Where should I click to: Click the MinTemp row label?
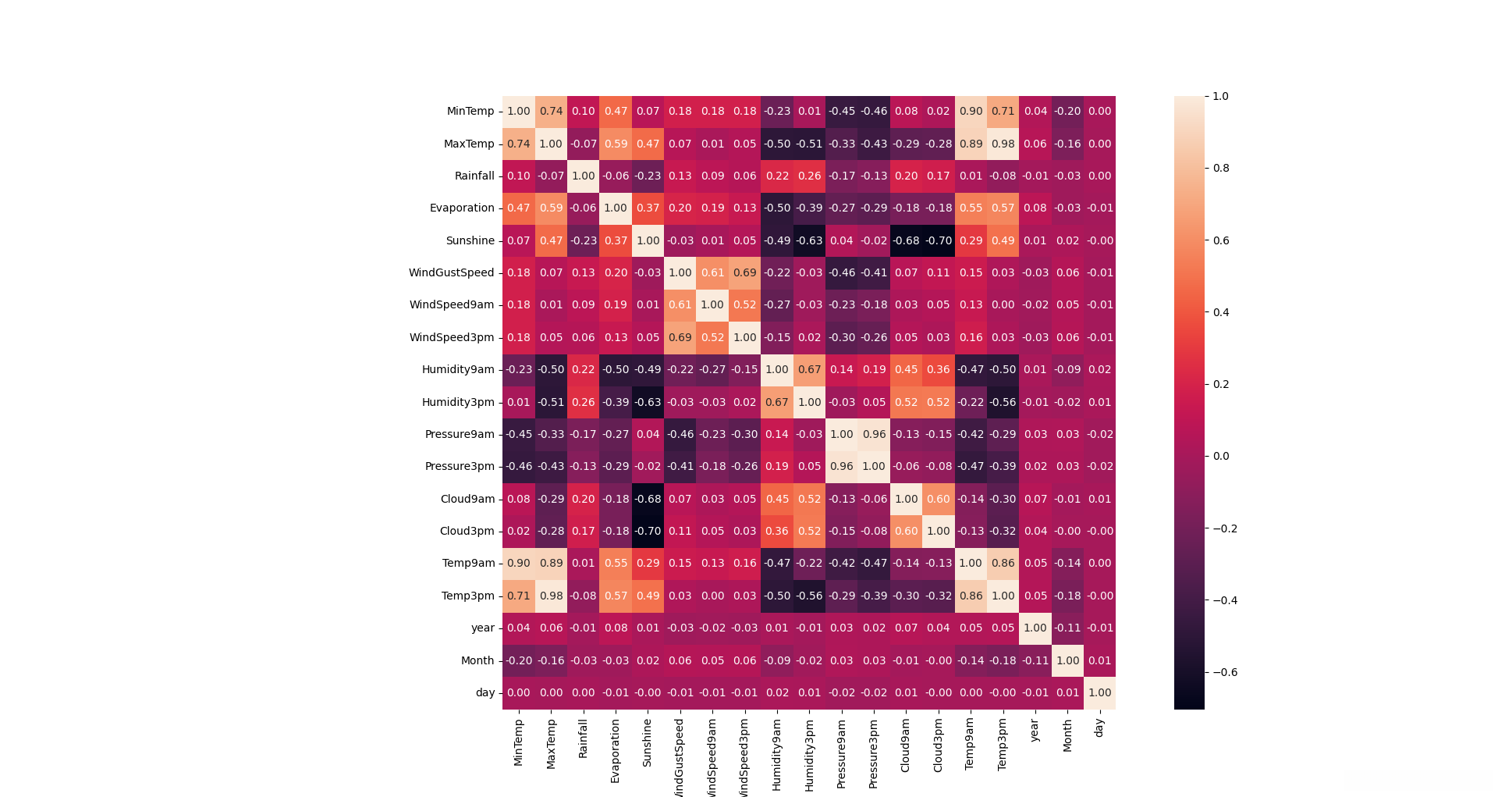pyautogui.click(x=470, y=112)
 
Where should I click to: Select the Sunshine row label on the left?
pyautogui.click(x=470, y=240)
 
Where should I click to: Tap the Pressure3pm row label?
pyautogui.click(x=460, y=467)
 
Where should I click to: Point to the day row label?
pyautogui.click(x=485, y=692)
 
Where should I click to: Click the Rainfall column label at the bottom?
pyautogui.click(x=584, y=738)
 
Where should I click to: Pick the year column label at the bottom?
pyautogui.click(x=1035, y=731)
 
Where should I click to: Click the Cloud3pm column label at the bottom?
pyautogui.click(x=939, y=746)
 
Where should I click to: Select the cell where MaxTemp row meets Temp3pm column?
pyautogui.click(x=1003, y=144)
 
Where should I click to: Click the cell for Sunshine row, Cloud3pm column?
pyautogui.click(x=938, y=240)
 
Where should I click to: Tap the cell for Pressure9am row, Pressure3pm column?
pyautogui.click(x=874, y=434)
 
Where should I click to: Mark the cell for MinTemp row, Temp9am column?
pyautogui.click(x=971, y=112)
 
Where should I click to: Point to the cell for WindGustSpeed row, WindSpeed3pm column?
pyautogui.click(x=744, y=272)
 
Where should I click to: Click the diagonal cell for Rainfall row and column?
pyautogui.click(x=584, y=176)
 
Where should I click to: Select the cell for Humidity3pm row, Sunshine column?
pyautogui.click(x=648, y=402)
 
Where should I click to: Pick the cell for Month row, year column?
pyautogui.click(x=1035, y=660)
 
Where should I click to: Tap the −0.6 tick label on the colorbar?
pyautogui.click(x=1225, y=672)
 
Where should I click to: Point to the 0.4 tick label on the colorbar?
pyautogui.click(x=1221, y=312)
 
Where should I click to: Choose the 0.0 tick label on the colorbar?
pyautogui.click(x=1221, y=456)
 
